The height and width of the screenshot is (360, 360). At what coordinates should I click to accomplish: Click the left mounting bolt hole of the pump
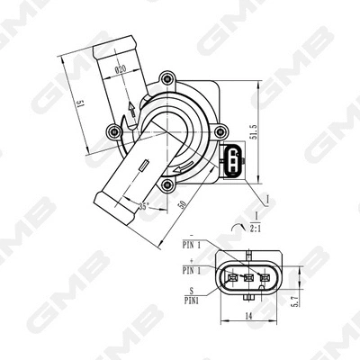pyautogui.click(x=114, y=132)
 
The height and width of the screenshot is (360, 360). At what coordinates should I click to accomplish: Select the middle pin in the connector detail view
pyautogui.click(x=247, y=277)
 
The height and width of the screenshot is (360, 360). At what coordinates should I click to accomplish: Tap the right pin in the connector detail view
pyautogui.click(x=264, y=277)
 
